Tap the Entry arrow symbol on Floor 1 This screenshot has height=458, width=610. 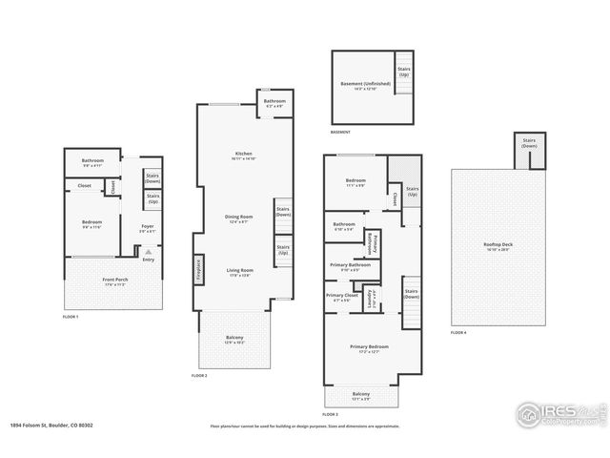click(x=148, y=253)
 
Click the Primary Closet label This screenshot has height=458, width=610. click(x=340, y=297)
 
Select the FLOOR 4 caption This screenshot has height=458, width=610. click(x=459, y=332)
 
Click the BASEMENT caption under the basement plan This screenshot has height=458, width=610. click(x=340, y=132)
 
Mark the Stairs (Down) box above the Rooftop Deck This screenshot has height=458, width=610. click(x=528, y=144)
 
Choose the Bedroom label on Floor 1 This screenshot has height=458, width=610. click(x=92, y=223)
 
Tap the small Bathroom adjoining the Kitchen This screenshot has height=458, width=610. click(x=274, y=103)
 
